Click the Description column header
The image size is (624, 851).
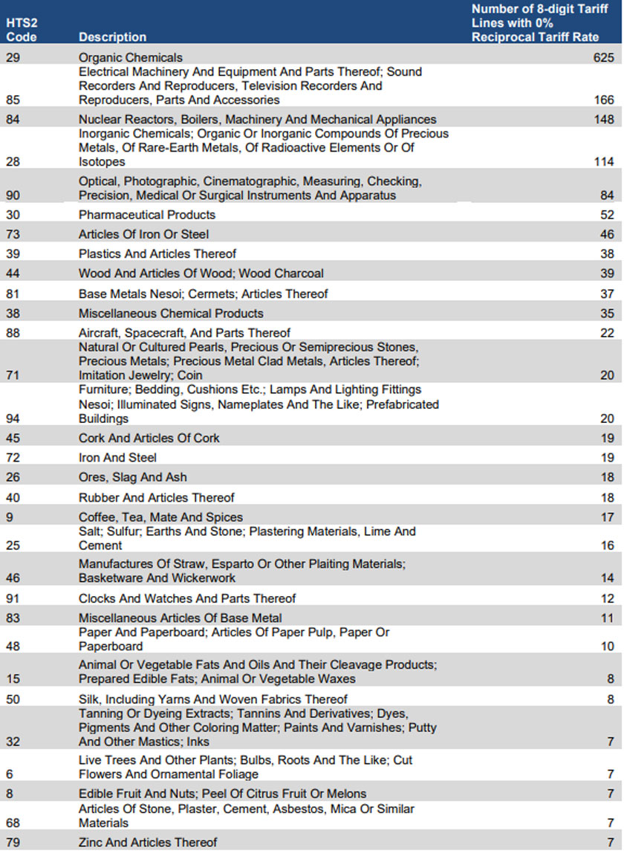click(112, 36)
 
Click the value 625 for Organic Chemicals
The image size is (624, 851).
click(603, 57)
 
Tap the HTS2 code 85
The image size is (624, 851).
click(13, 100)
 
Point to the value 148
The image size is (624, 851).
click(603, 119)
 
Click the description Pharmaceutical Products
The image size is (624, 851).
click(147, 215)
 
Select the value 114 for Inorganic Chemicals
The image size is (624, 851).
click(603, 161)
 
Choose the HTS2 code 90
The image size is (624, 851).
click(13, 195)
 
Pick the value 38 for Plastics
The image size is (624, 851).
click(607, 253)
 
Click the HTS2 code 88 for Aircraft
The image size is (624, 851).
click(13, 333)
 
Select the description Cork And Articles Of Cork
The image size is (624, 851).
click(149, 438)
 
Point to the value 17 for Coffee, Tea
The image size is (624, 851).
click(607, 517)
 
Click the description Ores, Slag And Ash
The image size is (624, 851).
click(133, 477)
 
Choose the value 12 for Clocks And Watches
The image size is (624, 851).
click(607, 598)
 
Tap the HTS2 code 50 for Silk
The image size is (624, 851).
click(13, 699)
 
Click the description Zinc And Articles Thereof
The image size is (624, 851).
click(148, 842)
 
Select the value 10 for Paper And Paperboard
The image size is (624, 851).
click(607, 647)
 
